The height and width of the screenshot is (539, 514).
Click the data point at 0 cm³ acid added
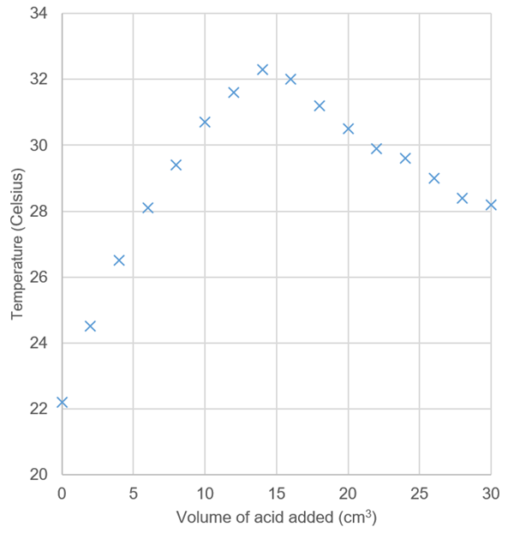coord(62,402)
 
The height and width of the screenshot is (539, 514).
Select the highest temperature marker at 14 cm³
coord(262,69)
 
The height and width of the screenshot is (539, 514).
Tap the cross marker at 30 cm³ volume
coord(491,205)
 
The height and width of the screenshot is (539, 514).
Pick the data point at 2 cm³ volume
coord(90,326)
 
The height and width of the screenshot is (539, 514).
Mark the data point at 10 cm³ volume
coord(205,122)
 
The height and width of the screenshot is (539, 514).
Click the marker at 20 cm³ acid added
coord(348,129)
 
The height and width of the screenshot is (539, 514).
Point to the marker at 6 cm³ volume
coord(147,207)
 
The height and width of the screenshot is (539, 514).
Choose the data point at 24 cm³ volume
coord(405,159)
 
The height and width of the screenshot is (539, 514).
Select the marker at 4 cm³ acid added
coord(119,260)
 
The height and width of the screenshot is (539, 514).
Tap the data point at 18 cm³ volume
coord(320,105)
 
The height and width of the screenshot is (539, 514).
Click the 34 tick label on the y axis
coord(38,14)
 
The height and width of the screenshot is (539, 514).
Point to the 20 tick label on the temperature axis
coord(38,474)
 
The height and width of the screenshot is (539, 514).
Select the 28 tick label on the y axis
coord(38,212)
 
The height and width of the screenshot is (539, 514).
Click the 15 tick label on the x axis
coord(276,494)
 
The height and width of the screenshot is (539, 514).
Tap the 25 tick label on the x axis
coord(419,494)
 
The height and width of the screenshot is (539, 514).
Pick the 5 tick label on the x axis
coord(133,494)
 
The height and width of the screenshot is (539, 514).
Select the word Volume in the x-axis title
coord(199,518)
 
